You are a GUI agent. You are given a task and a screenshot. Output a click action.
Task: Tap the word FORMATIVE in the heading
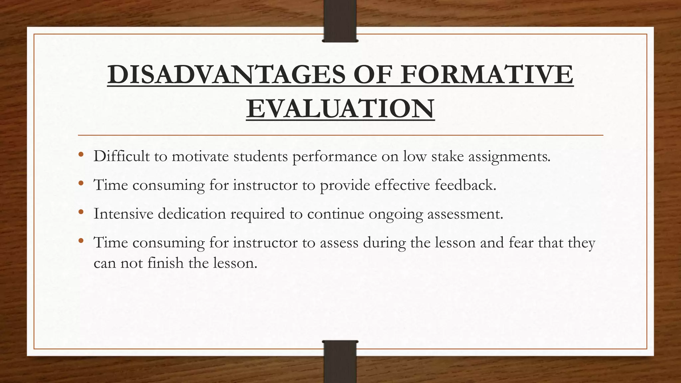(x=487, y=74)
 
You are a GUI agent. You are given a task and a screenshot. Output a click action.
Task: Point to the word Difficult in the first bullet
(x=121, y=156)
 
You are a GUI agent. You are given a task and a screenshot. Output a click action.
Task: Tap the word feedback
(x=465, y=185)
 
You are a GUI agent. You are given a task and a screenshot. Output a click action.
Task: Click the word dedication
(x=192, y=213)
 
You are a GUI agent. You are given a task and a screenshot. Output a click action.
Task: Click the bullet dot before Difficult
(x=81, y=155)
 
